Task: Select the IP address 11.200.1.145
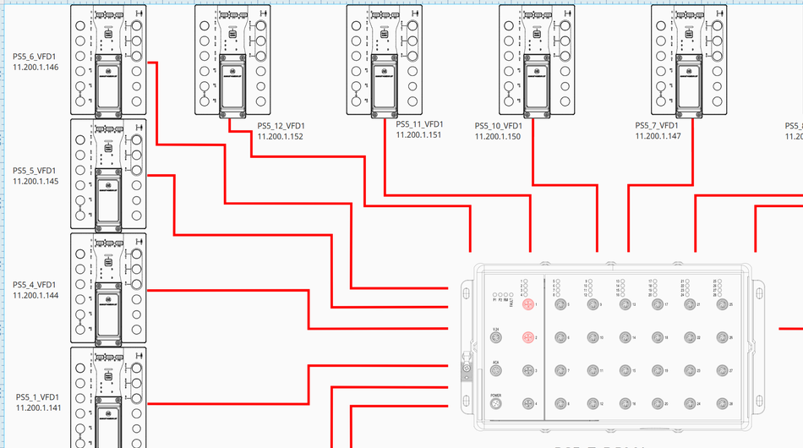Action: point(36,181)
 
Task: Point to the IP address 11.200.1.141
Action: point(38,407)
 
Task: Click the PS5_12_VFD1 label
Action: point(281,127)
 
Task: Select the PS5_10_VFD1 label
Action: point(498,127)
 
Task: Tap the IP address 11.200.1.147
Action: point(658,136)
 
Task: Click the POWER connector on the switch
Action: point(496,405)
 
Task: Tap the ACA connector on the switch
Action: point(496,371)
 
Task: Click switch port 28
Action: point(721,404)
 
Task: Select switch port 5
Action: point(558,304)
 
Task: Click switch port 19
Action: point(656,371)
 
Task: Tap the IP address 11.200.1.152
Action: point(281,136)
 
